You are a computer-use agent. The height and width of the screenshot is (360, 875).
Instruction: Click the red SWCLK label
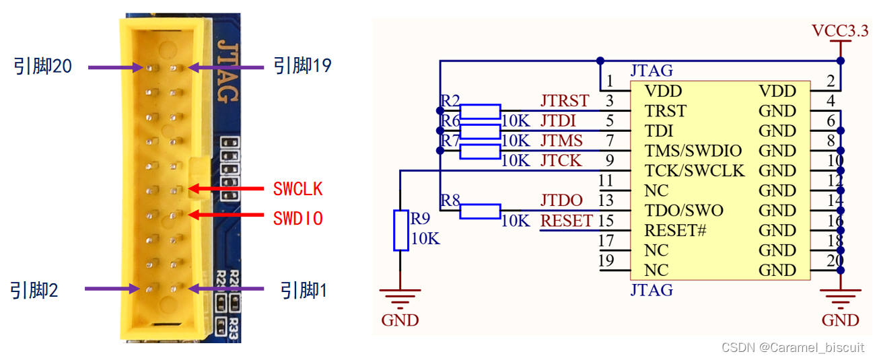click(x=297, y=190)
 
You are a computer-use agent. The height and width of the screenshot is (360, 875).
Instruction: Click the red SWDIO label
click(x=297, y=218)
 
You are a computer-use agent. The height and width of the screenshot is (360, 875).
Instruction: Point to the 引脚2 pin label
click(x=34, y=290)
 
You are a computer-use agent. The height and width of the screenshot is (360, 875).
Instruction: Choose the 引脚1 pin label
click(x=304, y=290)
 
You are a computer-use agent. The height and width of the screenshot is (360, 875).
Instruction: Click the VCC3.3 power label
click(x=840, y=30)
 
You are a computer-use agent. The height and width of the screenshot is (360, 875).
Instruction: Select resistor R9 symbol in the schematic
click(x=401, y=230)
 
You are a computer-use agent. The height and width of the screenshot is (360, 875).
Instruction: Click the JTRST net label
click(x=565, y=102)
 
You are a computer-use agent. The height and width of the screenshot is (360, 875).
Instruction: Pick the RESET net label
click(x=567, y=221)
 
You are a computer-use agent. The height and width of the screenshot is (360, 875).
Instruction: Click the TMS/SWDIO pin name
click(x=693, y=151)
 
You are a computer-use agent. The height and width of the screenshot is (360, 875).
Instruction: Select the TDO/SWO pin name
click(x=683, y=211)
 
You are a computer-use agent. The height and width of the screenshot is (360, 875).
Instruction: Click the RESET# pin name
click(x=675, y=230)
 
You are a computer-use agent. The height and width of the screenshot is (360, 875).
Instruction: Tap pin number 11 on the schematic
click(x=606, y=181)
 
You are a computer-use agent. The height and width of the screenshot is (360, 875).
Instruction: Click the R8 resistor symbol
click(x=480, y=211)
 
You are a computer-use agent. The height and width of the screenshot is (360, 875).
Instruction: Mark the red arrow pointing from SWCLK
click(x=226, y=189)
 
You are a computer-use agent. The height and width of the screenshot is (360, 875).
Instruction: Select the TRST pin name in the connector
click(x=665, y=111)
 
